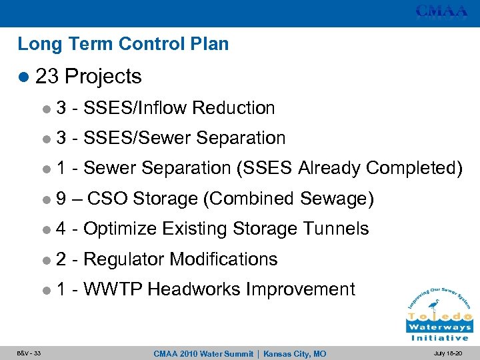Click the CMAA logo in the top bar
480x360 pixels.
pos(441,12)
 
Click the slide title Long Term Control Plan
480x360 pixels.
pos(123,44)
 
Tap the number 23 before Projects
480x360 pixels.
pos(47,77)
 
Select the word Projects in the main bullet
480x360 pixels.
pos(103,77)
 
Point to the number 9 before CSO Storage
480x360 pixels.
pos(61,199)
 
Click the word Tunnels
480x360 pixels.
pos(336,229)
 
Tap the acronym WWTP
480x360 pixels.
pos(113,289)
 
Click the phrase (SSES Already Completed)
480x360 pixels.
pos(349,168)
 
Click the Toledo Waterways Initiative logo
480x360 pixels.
pos(439,313)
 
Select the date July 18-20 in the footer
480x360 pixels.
pos(457,353)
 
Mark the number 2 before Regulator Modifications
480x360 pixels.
pos(61,259)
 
